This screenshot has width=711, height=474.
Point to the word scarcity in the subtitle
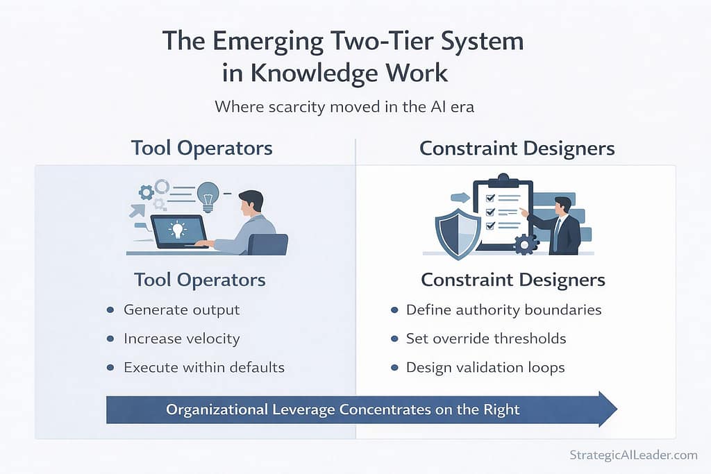pos(287,108)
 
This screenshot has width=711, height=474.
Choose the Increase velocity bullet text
pos(181,339)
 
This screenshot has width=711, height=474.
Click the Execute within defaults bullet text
pos(204,367)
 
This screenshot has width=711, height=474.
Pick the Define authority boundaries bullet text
pos(503,310)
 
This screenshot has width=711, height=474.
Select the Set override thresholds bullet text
pos(486,339)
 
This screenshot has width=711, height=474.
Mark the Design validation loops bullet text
pos(485,367)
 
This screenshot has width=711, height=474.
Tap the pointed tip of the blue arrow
pos(615,409)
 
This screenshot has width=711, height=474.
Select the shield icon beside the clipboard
pos(458,235)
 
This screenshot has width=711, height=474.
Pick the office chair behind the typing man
pos(268,244)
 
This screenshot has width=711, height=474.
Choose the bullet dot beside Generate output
pos(110,310)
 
